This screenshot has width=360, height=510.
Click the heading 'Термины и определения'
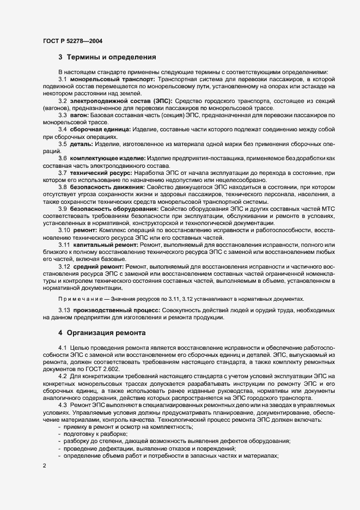(x=112, y=57)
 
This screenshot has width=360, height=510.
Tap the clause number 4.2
(x=62, y=375)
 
